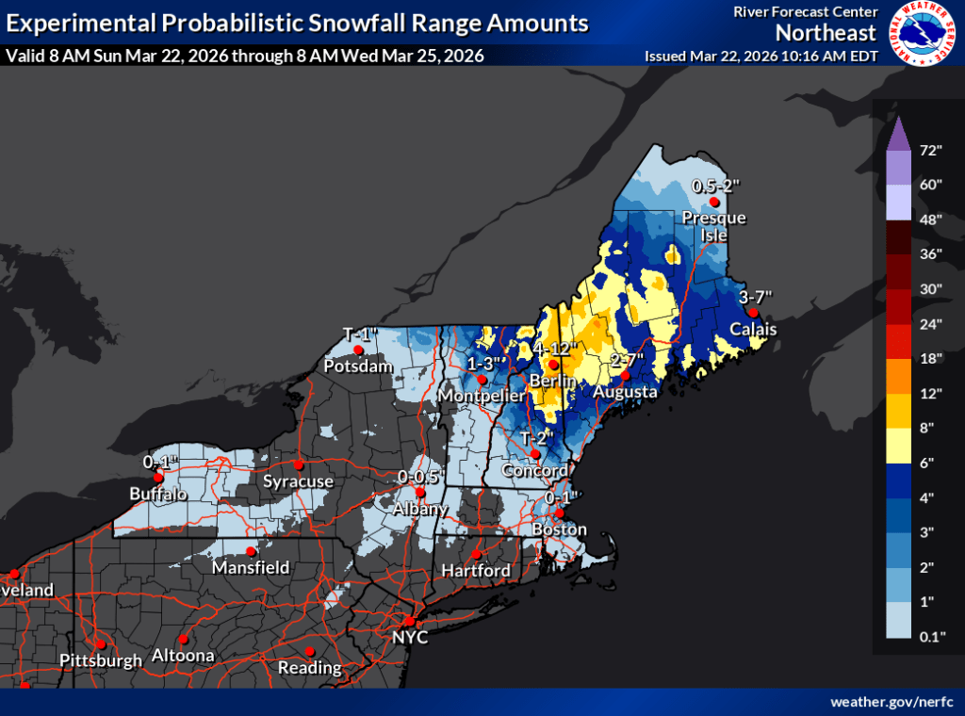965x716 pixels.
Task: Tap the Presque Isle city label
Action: point(713,225)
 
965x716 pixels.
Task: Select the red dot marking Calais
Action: point(752,313)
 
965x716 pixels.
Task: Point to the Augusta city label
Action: point(625,391)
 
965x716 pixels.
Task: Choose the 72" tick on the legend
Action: point(932,150)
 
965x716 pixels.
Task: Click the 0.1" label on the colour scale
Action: point(932,636)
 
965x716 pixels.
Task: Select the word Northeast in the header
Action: point(826,33)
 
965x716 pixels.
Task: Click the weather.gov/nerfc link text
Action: point(892,702)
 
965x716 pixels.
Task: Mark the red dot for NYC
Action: point(410,622)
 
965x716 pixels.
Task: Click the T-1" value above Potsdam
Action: point(360,334)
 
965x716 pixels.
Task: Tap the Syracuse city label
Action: point(298,481)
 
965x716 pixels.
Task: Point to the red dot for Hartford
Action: point(477,554)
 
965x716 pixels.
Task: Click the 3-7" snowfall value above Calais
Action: point(756,296)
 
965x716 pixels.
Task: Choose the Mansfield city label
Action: point(250,568)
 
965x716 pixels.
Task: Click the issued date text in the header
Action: point(761,56)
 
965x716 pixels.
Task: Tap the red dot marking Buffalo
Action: point(158,478)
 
